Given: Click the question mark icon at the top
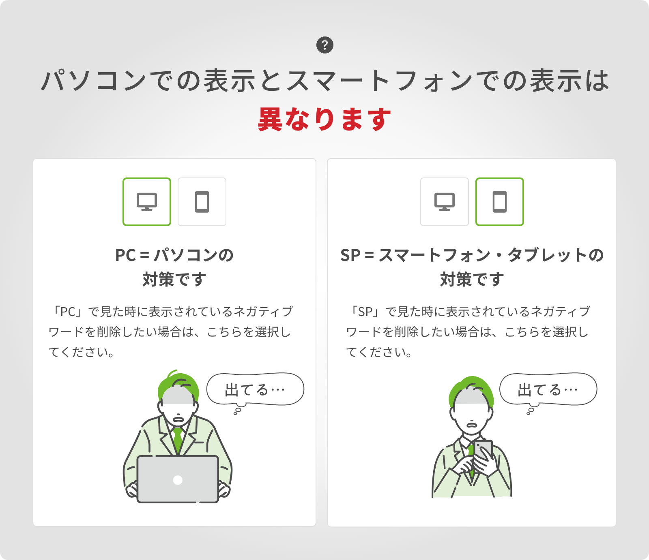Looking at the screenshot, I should [324, 45].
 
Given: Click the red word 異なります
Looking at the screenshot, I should [324, 120].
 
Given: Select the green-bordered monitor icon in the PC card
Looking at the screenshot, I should [147, 202].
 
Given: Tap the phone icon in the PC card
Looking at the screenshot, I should [202, 202].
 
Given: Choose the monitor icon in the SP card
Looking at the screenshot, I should [445, 202].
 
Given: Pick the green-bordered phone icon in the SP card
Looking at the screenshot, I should [500, 202].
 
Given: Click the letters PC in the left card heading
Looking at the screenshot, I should [125, 255].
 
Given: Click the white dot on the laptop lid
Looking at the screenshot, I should [178, 480].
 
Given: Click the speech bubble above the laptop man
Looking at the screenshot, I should [255, 389].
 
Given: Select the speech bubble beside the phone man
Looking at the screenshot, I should [548, 389].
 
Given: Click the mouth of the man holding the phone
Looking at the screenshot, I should [471, 425].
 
